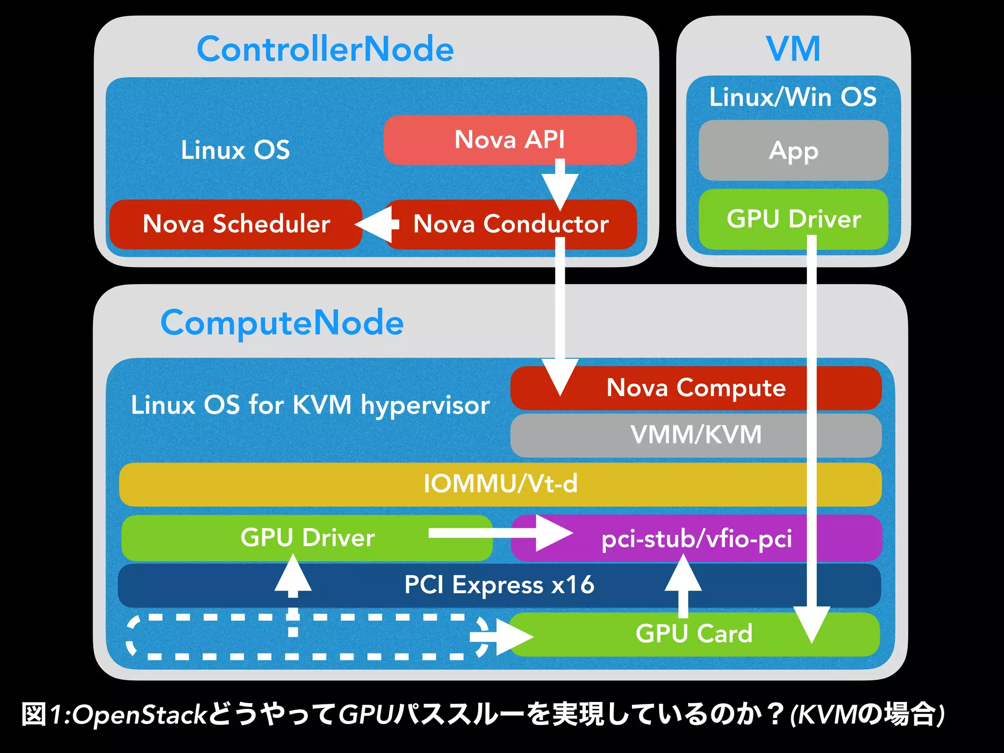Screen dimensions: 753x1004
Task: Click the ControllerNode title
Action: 325,49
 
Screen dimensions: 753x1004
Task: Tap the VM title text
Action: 793,49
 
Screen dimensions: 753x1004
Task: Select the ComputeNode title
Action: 282,323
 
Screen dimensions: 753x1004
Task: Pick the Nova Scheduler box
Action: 236,224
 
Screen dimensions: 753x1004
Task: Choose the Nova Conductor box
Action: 510,224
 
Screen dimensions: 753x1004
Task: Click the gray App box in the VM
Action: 793,151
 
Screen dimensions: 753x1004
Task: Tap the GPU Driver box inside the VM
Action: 765,219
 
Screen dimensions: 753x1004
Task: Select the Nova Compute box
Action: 696,388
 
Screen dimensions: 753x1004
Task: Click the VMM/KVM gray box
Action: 696,435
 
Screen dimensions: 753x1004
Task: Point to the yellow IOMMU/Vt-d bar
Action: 500,484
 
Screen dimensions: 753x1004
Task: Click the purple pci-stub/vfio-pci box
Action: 696,538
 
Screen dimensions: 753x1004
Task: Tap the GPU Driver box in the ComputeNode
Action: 307,538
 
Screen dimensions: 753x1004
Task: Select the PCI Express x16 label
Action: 499,585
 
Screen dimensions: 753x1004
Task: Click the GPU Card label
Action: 694,633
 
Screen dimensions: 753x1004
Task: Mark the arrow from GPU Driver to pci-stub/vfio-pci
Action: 500,533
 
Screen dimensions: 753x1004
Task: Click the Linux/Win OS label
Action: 793,97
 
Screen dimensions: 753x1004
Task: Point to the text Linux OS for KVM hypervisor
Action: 310,405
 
